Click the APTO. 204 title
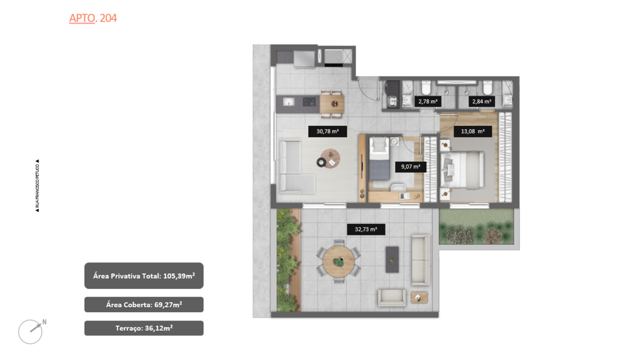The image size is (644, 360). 92,18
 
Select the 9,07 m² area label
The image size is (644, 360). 407,167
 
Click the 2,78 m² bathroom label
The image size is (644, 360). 428,101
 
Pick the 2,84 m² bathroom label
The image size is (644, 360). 481,101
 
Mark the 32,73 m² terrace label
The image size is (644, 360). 366,229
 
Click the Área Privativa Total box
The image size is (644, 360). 144,276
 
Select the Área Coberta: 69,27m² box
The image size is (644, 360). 144,305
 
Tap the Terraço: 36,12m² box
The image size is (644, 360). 144,328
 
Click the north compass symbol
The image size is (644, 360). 31,331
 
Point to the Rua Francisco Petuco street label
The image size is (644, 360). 38,185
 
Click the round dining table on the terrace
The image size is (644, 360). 339,261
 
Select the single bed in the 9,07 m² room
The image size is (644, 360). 380,160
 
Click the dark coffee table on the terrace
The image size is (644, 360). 392,259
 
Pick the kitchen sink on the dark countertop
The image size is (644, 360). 289,101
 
